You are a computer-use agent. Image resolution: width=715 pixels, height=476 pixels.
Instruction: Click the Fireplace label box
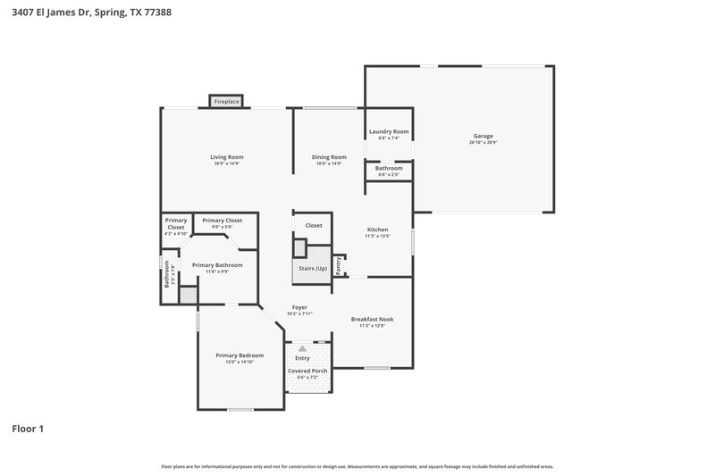click(x=226, y=102)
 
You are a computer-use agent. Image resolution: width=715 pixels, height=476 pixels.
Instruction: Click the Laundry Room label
click(x=389, y=131)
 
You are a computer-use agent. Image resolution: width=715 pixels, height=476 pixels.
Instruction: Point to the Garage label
click(x=484, y=136)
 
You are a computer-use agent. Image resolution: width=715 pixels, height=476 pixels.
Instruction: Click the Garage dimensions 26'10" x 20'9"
click(x=484, y=143)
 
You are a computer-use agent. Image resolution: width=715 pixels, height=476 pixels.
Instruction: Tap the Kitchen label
click(x=377, y=230)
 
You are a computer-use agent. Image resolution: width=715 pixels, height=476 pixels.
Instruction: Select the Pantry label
click(x=338, y=265)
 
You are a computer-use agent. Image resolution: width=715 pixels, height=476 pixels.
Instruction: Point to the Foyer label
click(x=299, y=307)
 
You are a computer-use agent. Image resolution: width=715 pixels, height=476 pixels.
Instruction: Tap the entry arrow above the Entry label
click(x=302, y=347)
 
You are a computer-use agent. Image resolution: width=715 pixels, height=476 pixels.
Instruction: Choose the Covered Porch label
click(x=307, y=371)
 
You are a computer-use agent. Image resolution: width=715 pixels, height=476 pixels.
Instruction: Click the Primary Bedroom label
click(x=240, y=355)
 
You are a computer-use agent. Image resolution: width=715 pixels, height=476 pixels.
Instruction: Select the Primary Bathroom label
click(x=217, y=264)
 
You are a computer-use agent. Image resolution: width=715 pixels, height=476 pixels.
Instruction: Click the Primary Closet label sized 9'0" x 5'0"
click(x=223, y=220)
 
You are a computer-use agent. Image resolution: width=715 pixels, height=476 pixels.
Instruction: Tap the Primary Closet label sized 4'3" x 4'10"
click(x=176, y=223)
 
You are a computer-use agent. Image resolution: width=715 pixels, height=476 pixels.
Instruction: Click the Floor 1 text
click(x=27, y=429)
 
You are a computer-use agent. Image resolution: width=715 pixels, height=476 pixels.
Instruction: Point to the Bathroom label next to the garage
click(x=389, y=168)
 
